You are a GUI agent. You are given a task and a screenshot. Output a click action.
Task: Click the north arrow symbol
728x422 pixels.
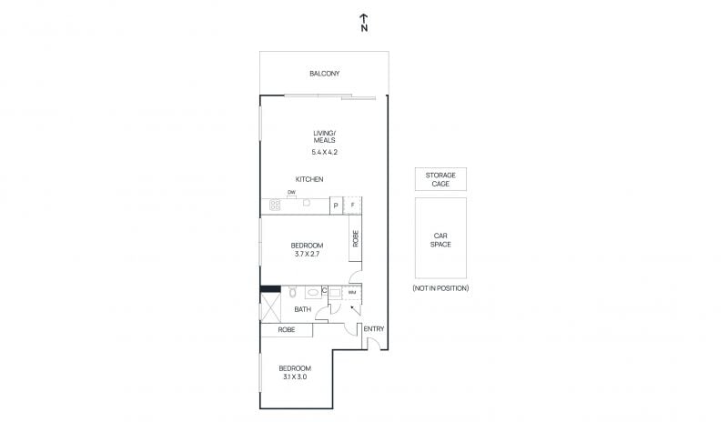[365, 23]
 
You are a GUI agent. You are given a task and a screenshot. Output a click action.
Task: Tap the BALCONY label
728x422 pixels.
[325, 74]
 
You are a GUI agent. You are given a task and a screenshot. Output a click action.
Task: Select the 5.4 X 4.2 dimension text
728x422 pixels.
[325, 152]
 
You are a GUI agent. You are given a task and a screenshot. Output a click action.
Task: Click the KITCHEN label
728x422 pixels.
[309, 179]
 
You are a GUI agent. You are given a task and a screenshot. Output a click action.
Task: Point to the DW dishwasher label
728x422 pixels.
[291, 192]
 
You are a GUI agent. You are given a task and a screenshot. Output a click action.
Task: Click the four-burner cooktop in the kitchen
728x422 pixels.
[275, 205]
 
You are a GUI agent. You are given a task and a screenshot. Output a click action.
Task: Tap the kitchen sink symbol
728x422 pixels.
[307, 203]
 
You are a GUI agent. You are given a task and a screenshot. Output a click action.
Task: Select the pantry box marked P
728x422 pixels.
[336, 206]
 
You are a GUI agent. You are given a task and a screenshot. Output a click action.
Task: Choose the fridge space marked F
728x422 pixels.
[352, 206]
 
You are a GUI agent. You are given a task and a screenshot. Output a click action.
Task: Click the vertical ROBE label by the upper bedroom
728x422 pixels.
[356, 238]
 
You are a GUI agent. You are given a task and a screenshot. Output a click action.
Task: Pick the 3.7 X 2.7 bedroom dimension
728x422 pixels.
[307, 254]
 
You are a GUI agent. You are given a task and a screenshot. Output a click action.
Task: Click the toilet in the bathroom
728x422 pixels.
[292, 292]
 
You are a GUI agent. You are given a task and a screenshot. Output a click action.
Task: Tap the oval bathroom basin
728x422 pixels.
[312, 293]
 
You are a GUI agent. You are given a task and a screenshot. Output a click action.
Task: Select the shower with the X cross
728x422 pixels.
[270, 306]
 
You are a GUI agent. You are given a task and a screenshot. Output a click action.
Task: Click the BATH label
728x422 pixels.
[303, 309]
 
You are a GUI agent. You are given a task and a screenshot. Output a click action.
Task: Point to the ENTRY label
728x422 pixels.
[374, 328]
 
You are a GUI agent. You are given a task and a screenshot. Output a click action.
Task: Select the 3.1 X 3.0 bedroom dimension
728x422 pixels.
[295, 377]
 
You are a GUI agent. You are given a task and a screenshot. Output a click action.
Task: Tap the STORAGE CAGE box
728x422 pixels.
[440, 179]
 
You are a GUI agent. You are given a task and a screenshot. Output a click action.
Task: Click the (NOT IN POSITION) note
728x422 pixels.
[440, 288]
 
